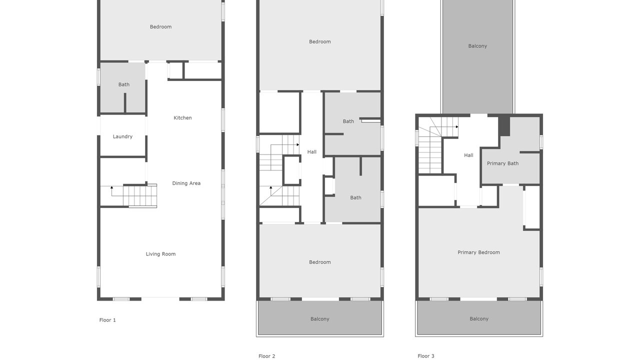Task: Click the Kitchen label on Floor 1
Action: point(182,117)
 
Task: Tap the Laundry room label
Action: point(122,136)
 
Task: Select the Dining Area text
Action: point(186,183)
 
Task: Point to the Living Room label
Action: point(160,254)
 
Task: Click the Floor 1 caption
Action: point(107,320)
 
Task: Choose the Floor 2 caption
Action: point(266,356)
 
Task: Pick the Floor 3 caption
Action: point(425,356)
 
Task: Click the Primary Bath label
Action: point(502,163)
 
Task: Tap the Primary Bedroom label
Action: point(478,252)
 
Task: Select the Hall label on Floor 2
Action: point(311,152)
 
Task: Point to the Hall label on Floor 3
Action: point(468,155)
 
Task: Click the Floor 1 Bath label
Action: point(123,84)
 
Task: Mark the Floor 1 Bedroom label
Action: point(160,27)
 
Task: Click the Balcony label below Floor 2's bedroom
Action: point(319,319)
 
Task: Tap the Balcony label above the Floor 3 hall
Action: point(477,46)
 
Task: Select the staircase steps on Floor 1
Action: point(140,195)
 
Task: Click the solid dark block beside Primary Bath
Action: point(504,126)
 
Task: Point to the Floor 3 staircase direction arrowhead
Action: point(457,127)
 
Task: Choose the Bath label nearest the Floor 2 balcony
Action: point(355,197)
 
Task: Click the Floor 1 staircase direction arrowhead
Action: point(111,187)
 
